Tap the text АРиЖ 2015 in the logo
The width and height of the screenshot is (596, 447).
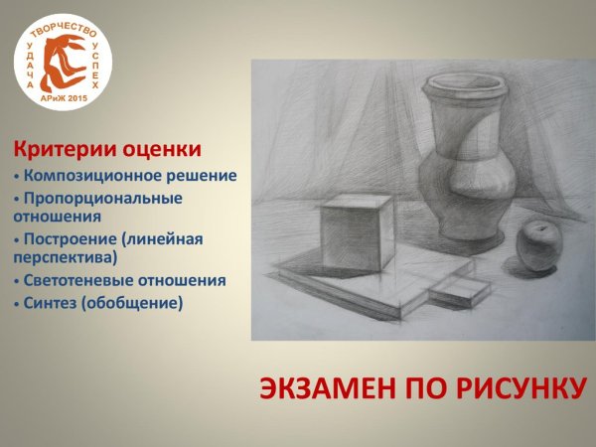click(x=64, y=100)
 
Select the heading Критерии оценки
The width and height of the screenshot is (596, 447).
click(x=106, y=150)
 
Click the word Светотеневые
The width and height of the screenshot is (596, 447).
click(x=78, y=281)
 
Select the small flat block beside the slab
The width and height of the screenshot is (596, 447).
click(x=458, y=290)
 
